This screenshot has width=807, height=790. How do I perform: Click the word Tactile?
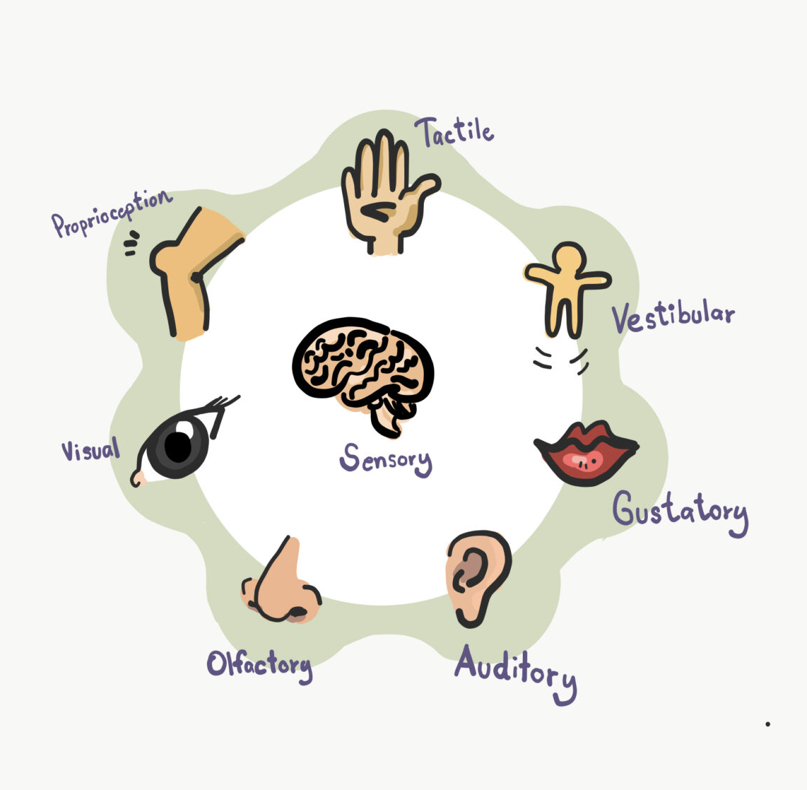pyautogui.click(x=454, y=131)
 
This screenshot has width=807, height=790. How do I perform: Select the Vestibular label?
pyautogui.click(x=672, y=317)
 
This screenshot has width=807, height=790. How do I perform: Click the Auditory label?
pyautogui.click(x=515, y=671)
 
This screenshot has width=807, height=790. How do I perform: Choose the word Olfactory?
pyautogui.click(x=259, y=665)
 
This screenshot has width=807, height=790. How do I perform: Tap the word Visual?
pyautogui.click(x=90, y=449)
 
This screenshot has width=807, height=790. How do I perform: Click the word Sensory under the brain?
pyautogui.click(x=385, y=459)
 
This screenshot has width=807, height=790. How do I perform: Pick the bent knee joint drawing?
pyautogui.click(x=191, y=269)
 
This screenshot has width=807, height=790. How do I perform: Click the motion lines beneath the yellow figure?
pyautogui.click(x=560, y=359)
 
